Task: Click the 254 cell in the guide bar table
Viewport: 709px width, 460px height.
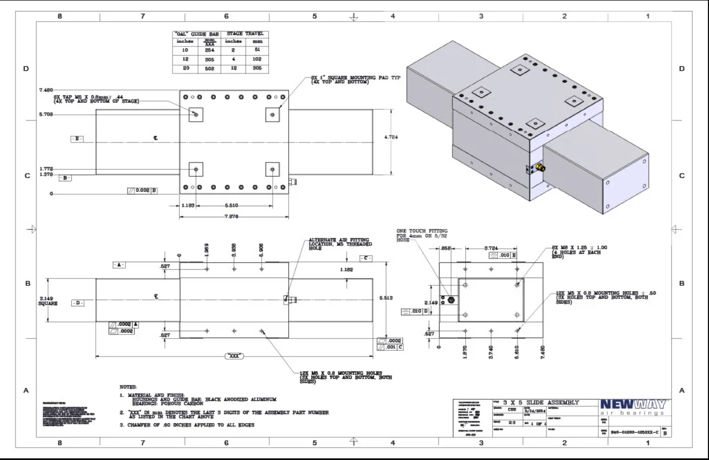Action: click(x=209, y=50)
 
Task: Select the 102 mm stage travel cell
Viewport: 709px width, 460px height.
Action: click(x=257, y=59)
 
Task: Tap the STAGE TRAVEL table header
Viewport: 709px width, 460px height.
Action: click(x=244, y=34)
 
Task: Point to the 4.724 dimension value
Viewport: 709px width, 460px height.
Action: click(x=391, y=137)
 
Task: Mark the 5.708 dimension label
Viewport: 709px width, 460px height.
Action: click(x=46, y=115)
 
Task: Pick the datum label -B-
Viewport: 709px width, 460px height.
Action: click(x=65, y=178)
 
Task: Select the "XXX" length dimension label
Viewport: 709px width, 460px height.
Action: click(x=235, y=357)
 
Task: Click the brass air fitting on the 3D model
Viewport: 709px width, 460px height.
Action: click(x=540, y=167)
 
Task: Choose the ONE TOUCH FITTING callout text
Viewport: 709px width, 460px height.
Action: click(x=422, y=235)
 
